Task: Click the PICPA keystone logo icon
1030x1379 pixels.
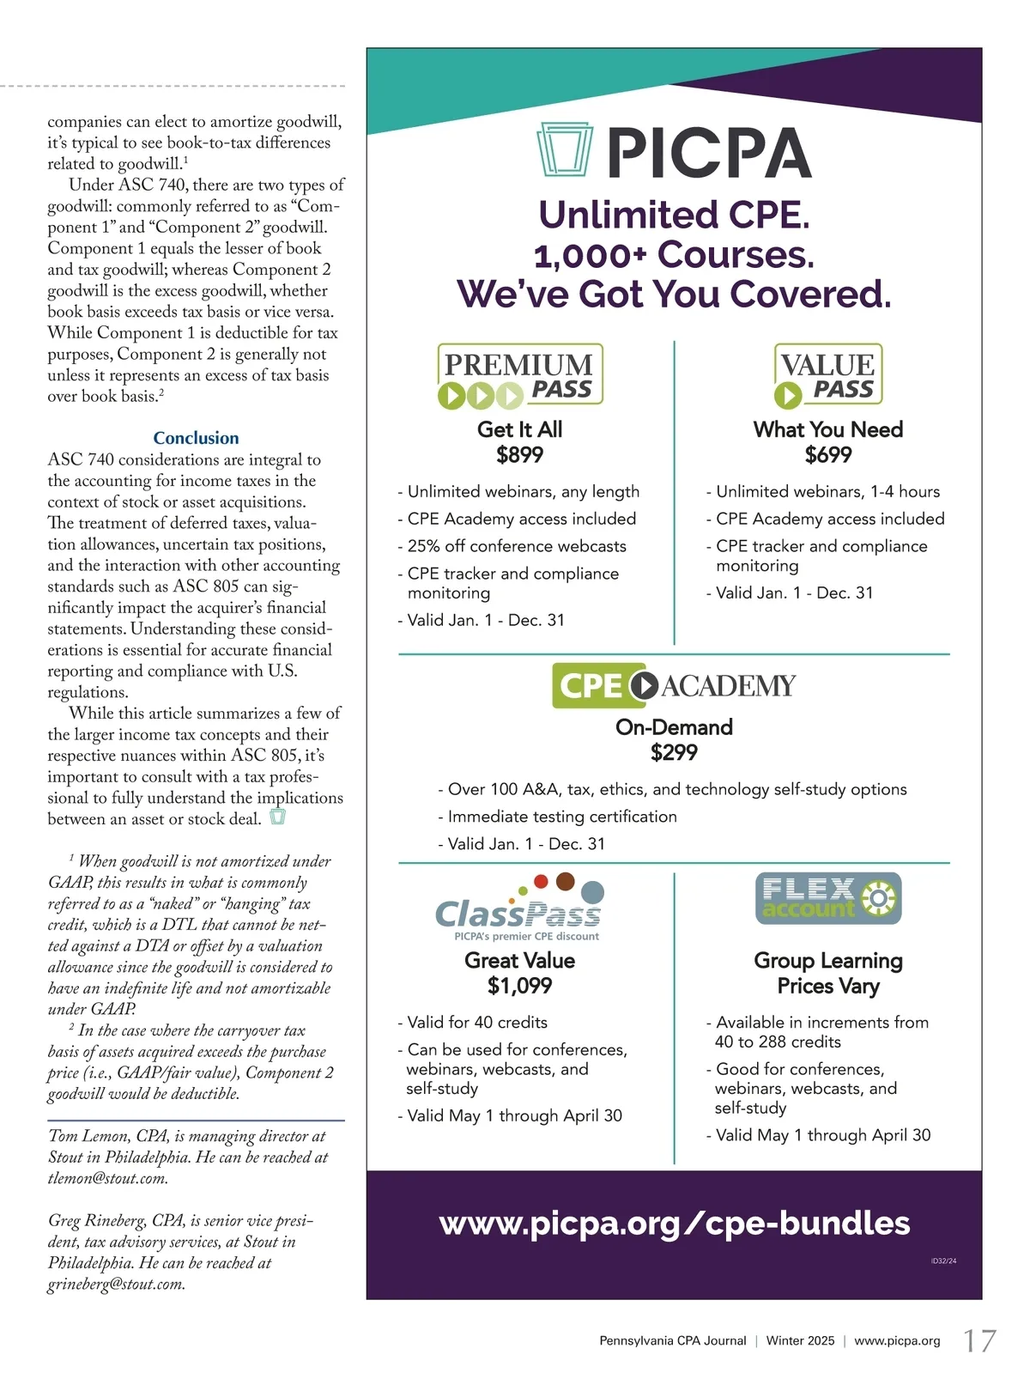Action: [565, 151]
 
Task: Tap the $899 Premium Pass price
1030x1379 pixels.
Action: [519, 455]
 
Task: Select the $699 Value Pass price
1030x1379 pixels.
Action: [828, 455]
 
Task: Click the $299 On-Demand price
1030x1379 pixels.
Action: [674, 753]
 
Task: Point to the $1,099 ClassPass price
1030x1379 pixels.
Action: [519, 986]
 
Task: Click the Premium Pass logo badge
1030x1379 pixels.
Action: [520, 375]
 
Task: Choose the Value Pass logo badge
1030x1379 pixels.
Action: [828, 375]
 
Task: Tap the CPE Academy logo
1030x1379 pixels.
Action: [674, 685]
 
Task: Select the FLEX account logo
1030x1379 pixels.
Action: [828, 898]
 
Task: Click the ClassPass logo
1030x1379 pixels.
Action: [519, 910]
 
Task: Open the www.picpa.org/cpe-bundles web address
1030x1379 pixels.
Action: [674, 1224]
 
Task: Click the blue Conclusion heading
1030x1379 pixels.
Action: [196, 438]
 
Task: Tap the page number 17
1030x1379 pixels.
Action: [979, 1341]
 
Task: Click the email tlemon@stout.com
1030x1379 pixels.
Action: [107, 1179]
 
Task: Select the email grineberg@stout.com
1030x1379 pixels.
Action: [116, 1285]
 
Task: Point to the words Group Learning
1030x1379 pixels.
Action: [828, 961]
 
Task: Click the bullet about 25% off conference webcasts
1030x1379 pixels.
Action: [517, 546]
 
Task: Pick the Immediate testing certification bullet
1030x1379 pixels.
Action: [562, 817]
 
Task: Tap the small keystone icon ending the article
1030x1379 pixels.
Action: [277, 817]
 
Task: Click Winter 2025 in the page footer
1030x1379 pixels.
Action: [800, 1341]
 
